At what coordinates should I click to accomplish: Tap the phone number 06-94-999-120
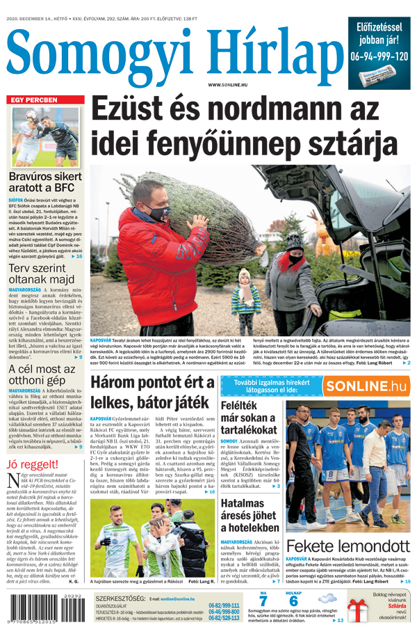[379, 56]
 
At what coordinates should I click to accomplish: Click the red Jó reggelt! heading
[32, 464]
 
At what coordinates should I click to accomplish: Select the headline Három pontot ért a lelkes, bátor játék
[152, 392]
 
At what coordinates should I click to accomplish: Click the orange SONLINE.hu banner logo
[366, 386]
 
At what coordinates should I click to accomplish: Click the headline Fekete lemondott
[347, 545]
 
